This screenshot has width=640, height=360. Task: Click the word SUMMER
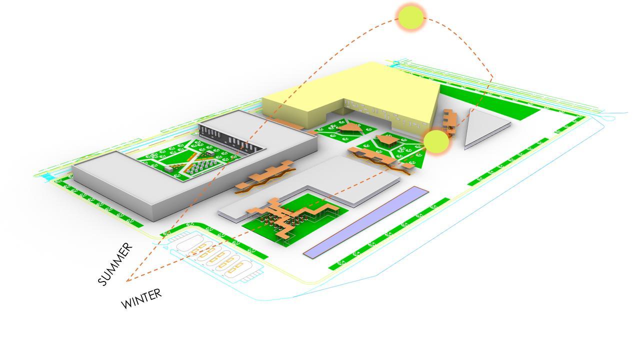pyautogui.click(x=116, y=264)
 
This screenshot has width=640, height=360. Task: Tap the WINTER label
pyautogui.click(x=142, y=298)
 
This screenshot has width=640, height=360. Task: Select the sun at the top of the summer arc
pyautogui.click(x=410, y=17)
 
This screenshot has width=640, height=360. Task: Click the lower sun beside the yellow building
pyautogui.click(x=436, y=142)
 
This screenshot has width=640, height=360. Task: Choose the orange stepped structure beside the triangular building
pyautogui.click(x=449, y=121)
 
